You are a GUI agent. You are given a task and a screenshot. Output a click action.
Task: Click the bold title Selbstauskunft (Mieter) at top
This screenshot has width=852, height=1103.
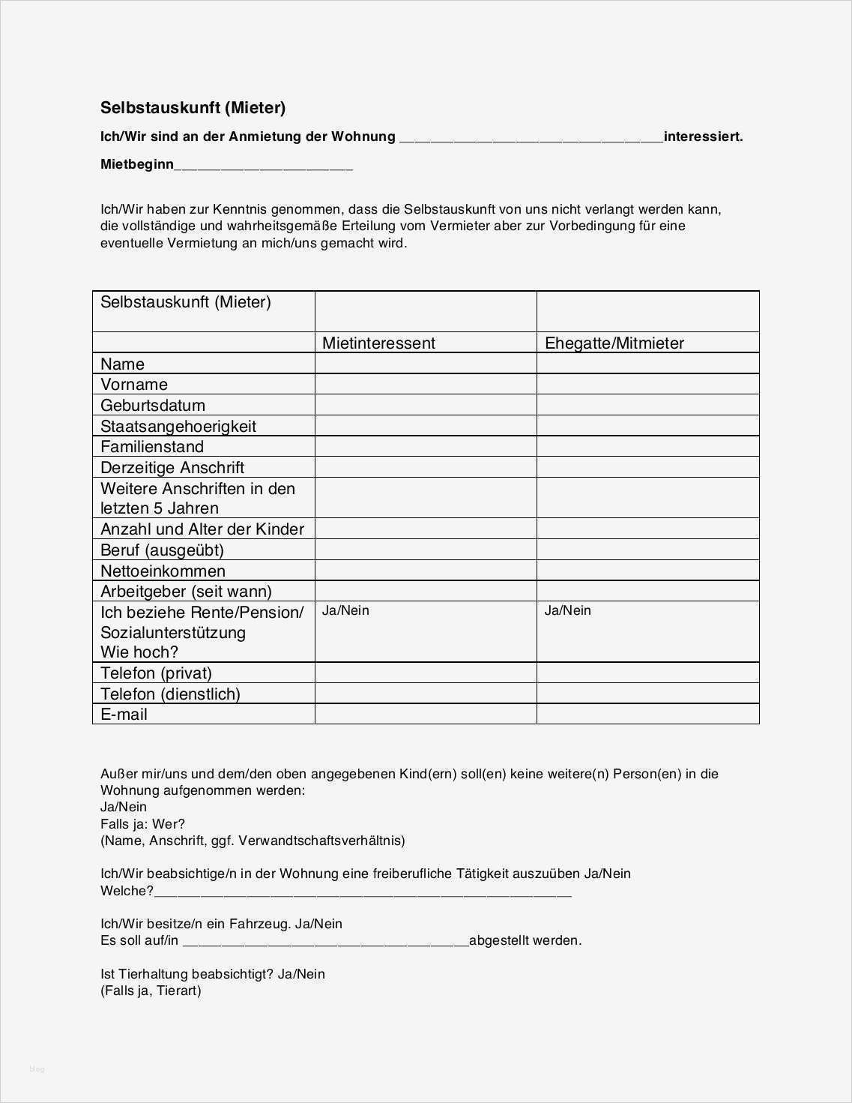click(193, 108)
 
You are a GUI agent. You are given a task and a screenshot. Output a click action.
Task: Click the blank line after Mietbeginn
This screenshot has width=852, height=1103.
click(263, 166)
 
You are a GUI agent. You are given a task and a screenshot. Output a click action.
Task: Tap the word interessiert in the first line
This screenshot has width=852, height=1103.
click(703, 136)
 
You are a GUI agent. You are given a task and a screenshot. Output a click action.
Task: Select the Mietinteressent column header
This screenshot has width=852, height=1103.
click(378, 343)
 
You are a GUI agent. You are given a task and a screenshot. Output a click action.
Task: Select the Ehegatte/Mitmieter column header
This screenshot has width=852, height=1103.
click(614, 343)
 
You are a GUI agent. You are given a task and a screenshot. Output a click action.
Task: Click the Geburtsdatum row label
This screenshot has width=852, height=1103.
click(152, 406)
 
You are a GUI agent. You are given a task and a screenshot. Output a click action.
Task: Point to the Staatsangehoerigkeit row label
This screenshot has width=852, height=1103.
click(178, 427)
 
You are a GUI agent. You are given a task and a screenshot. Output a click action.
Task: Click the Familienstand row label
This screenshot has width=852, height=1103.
click(152, 447)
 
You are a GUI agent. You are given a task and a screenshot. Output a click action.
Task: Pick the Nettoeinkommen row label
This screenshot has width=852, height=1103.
click(163, 571)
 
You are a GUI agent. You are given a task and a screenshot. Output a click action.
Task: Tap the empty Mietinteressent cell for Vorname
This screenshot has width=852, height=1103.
click(426, 385)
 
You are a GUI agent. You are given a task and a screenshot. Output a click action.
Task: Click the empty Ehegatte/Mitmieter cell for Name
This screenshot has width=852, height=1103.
click(647, 364)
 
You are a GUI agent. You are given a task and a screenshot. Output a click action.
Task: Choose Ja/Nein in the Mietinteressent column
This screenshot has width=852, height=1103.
click(345, 610)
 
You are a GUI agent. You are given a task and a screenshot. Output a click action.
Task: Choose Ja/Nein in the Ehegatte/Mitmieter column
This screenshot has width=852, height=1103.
click(567, 610)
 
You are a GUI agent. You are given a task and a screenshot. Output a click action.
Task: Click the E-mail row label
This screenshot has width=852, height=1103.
click(124, 715)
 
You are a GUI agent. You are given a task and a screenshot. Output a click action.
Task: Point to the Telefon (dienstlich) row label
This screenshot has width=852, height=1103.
click(170, 694)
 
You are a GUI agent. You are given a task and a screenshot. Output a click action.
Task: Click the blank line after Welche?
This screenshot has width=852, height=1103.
click(363, 892)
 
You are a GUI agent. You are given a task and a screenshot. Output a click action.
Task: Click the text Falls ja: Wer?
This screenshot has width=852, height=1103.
click(142, 824)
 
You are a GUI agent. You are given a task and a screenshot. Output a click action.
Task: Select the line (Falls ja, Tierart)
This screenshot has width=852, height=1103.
click(151, 991)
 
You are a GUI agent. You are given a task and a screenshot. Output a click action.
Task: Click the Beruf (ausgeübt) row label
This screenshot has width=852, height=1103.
click(162, 550)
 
